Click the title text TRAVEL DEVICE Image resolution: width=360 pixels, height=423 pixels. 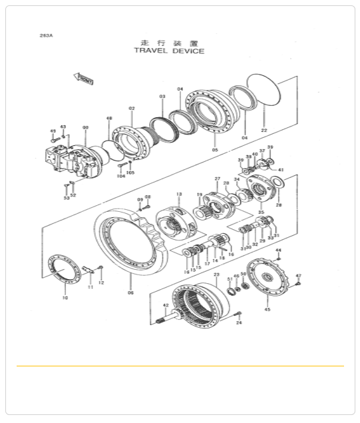[x=169, y=51]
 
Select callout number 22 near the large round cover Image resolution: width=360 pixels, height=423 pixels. [x=264, y=130]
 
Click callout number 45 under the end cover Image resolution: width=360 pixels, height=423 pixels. [x=268, y=309]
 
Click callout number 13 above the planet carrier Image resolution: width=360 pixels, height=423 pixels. [x=178, y=194]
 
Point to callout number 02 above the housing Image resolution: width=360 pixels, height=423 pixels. [x=132, y=108]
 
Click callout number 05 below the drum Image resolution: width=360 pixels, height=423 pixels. [x=215, y=151]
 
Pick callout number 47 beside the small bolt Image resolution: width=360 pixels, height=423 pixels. [x=298, y=275]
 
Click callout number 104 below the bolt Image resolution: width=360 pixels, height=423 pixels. [x=120, y=177]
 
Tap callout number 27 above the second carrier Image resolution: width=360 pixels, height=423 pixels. [x=217, y=179]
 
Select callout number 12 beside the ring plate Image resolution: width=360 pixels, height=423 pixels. [x=101, y=282]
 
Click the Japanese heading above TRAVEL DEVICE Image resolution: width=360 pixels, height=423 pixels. [x=169, y=42]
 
